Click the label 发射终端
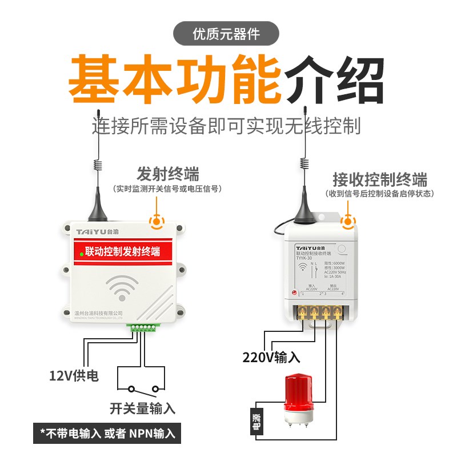pyautogui.click(x=168, y=174)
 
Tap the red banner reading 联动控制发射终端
pyautogui.click(x=121, y=251)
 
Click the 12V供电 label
pyautogui.click(x=73, y=375)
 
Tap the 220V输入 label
pyautogui.click(x=271, y=358)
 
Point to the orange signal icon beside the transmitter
pyautogui.click(x=155, y=221)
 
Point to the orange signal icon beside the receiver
pyautogui.click(x=347, y=222)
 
